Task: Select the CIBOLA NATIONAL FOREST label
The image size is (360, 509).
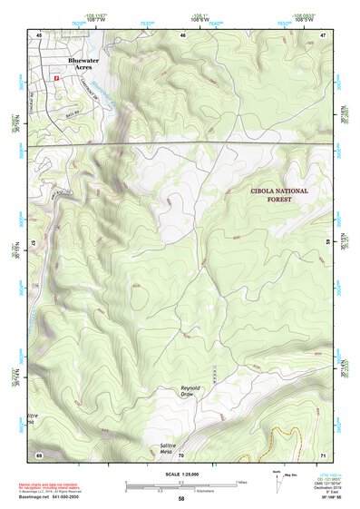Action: tap(279, 196)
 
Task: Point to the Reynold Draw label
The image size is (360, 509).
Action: tap(188, 391)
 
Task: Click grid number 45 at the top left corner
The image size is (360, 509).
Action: tap(39, 34)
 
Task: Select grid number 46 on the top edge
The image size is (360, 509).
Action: tap(183, 34)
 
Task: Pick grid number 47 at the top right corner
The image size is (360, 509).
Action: tap(322, 34)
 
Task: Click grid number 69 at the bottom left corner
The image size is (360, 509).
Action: tap(39, 454)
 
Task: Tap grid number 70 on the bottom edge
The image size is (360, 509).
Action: tap(180, 454)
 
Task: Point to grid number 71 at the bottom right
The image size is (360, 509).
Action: tap(322, 454)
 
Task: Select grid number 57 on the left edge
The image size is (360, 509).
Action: tap(34, 243)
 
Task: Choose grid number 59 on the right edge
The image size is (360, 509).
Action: tap(327, 243)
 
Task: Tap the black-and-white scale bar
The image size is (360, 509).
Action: tap(181, 484)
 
